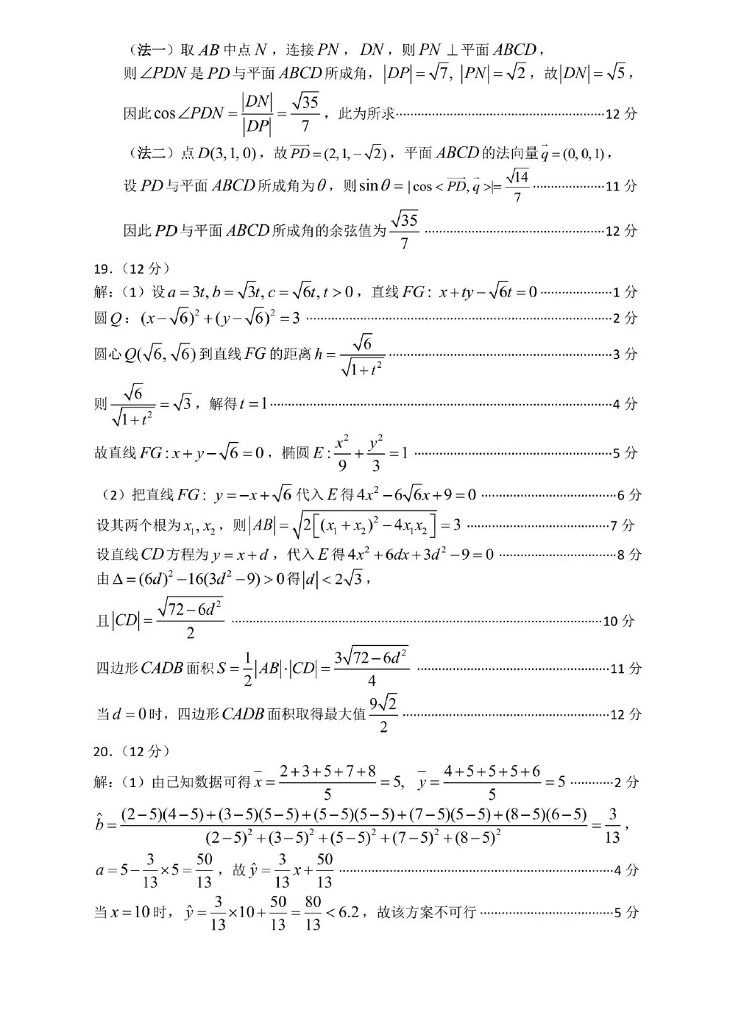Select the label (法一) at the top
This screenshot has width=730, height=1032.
(154, 50)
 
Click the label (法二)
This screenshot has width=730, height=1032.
(154, 153)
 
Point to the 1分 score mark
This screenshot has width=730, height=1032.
(626, 292)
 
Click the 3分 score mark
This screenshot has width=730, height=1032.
(626, 355)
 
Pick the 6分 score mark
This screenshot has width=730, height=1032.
(629, 495)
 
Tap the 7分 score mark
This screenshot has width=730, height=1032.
(622, 525)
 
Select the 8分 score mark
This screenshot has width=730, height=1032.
(629, 555)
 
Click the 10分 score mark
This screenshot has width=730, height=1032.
(619, 622)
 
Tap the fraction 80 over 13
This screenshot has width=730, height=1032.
(313, 913)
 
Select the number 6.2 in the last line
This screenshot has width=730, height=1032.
(349, 912)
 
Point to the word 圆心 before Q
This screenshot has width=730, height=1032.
(107, 355)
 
